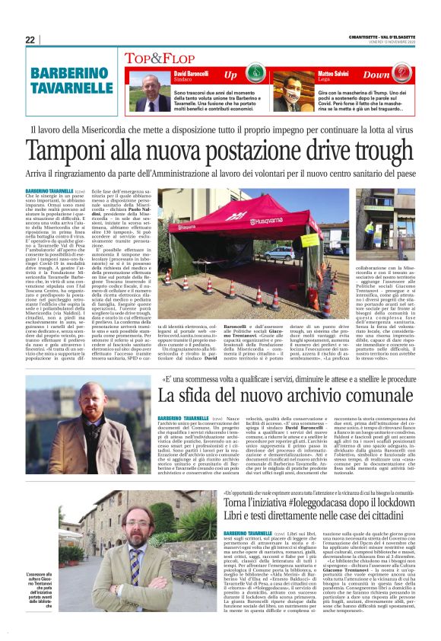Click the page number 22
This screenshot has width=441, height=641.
pyautogui.click(x=30, y=40)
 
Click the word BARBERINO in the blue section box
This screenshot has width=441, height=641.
pyautogui.click(x=71, y=74)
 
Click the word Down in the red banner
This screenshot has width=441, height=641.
pyautogui.click(x=378, y=75)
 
